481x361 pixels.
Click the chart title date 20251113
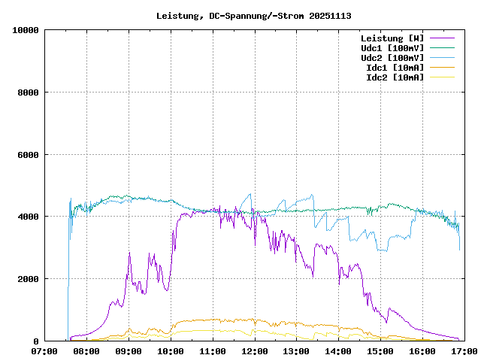pyautogui.click(x=330, y=16)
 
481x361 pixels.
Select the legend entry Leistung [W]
pyautogui.click(x=392, y=38)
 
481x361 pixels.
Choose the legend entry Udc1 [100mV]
pyautogui.click(x=392, y=47)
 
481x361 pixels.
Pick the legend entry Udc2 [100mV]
pyautogui.click(x=392, y=57)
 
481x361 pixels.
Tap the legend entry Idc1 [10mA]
pyautogui.click(x=395, y=67)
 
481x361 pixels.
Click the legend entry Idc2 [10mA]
pyautogui.click(x=395, y=77)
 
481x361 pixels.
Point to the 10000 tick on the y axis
pyautogui.click(x=26, y=30)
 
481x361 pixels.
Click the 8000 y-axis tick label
pyautogui.click(x=29, y=93)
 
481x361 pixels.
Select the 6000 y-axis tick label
pyautogui.click(x=29, y=155)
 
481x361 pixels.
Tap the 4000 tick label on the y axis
pyautogui.click(x=29, y=217)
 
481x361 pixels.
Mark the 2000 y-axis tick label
pyautogui.click(x=29, y=279)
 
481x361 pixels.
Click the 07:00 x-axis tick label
pyautogui.click(x=45, y=350)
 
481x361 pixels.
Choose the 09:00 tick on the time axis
pyautogui.click(x=129, y=350)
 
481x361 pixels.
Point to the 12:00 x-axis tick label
pyautogui.click(x=255, y=350)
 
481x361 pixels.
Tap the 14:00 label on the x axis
pyautogui.click(x=339, y=350)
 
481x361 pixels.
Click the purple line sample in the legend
pyautogui.click(x=442, y=38)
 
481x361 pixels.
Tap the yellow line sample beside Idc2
pyautogui.click(x=442, y=77)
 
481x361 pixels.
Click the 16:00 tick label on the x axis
pyautogui.click(x=422, y=350)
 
